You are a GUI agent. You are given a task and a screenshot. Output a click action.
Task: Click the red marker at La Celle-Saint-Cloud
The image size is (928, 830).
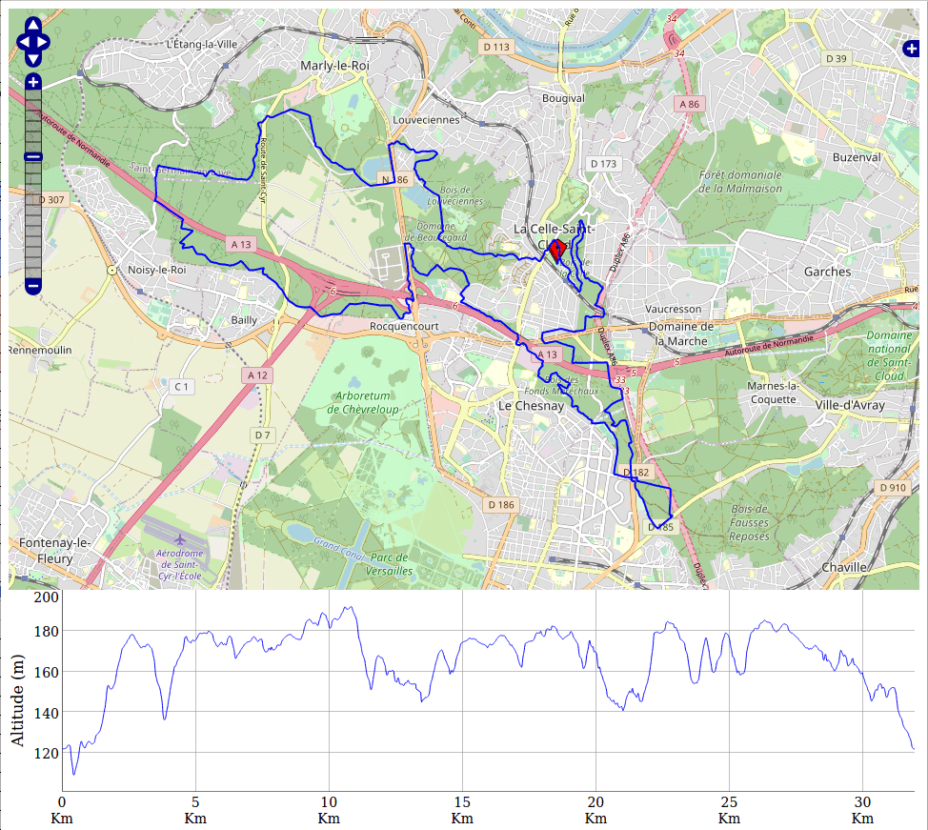click(x=557, y=249)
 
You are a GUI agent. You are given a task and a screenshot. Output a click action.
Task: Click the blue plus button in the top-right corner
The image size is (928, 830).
click(x=910, y=48)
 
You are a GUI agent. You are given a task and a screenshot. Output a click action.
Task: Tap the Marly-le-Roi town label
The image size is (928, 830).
click(x=333, y=65)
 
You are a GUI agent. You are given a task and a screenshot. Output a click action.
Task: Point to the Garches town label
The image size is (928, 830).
click(x=827, y=272)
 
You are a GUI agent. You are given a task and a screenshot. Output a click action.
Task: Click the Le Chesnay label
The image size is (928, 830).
click(x=532, y=405)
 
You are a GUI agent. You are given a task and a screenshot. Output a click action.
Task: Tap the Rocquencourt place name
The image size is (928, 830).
click(x=403, y=326)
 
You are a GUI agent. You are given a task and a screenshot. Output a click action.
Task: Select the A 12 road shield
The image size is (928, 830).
click(x=257, y=375)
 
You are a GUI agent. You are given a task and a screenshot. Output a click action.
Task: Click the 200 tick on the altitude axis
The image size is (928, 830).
click(x=47, y=597)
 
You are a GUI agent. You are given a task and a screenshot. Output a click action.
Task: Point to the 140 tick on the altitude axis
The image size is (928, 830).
click(x=47, y=712)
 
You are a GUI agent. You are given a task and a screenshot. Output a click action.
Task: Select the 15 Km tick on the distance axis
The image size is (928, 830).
click(x=462, y=802)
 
